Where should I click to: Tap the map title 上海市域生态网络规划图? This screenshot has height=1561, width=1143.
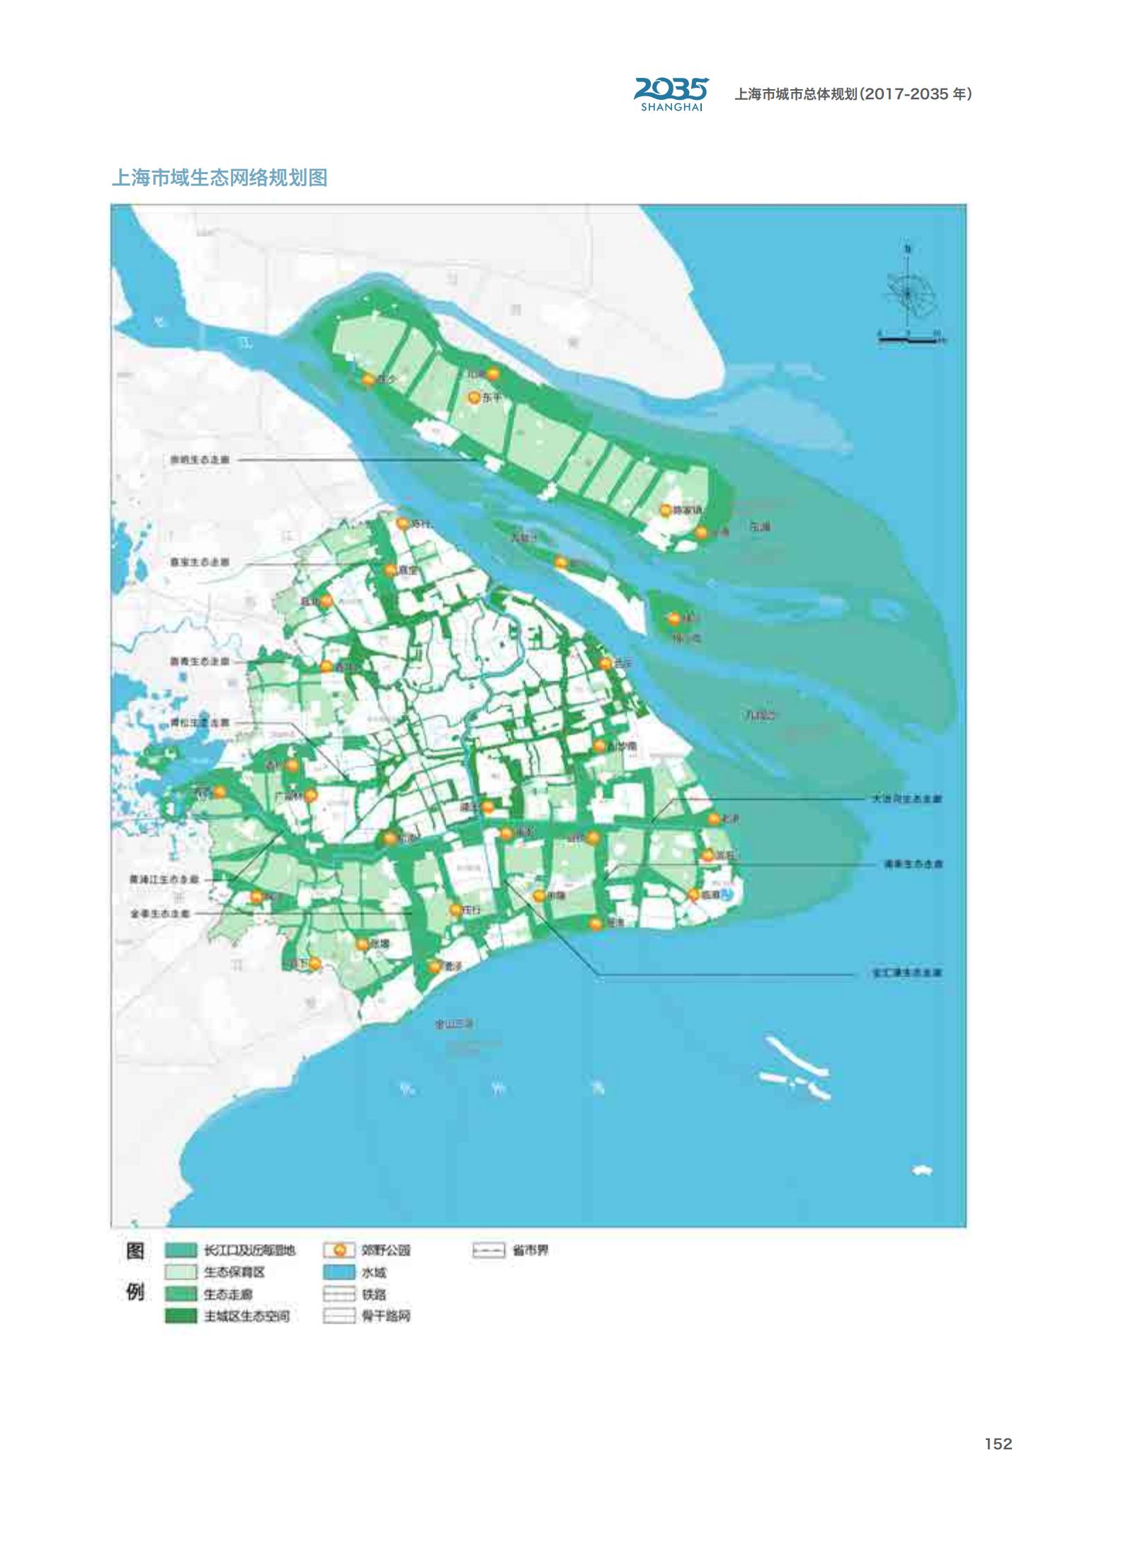[x=220, y=178]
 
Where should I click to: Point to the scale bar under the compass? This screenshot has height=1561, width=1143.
[x=909, y=340]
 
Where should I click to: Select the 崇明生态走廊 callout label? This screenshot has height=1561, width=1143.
[x=200, y=459]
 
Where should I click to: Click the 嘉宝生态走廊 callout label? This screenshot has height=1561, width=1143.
[x=200, y=561]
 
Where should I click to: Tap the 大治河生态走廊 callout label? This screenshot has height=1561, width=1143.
[x=906, y=799]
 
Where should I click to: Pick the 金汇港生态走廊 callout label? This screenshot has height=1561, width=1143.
[x=906, y=973]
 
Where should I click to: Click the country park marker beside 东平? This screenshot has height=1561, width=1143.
[x=474, y=398]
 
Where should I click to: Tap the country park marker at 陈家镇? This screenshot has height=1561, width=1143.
[x=665, y=510]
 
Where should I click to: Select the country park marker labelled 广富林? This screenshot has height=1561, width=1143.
[x=310, y=795]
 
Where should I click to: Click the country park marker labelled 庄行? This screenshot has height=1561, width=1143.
[x=455, y=910]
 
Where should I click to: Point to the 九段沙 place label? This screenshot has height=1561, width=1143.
[x=760, y=716]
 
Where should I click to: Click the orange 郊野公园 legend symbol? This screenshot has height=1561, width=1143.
[x=339, y=1251]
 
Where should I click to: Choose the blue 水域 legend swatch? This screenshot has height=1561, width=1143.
[x=339, y=1272]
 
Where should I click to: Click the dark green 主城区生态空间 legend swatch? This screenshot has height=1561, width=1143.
[x=181, y=1316]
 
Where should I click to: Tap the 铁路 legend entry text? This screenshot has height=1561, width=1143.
[x=374, y=1294]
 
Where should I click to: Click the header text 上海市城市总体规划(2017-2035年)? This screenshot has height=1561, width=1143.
[x=853, y=94]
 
